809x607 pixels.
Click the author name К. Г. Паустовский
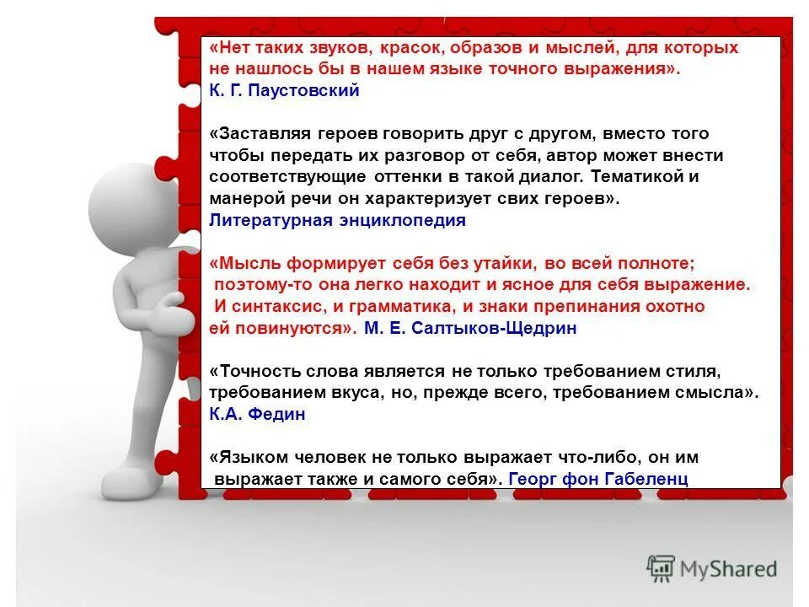pyautogui.click(x=284, y=91)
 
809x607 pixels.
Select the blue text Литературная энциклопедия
pyautogui.click(x=337, y=221)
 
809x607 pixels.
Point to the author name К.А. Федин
pyautogui.click(x=257, y=415)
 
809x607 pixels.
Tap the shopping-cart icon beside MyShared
pyautogui.click(x=661, y=569)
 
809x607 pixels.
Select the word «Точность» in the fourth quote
pyautogui.click(x=260, y=372)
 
